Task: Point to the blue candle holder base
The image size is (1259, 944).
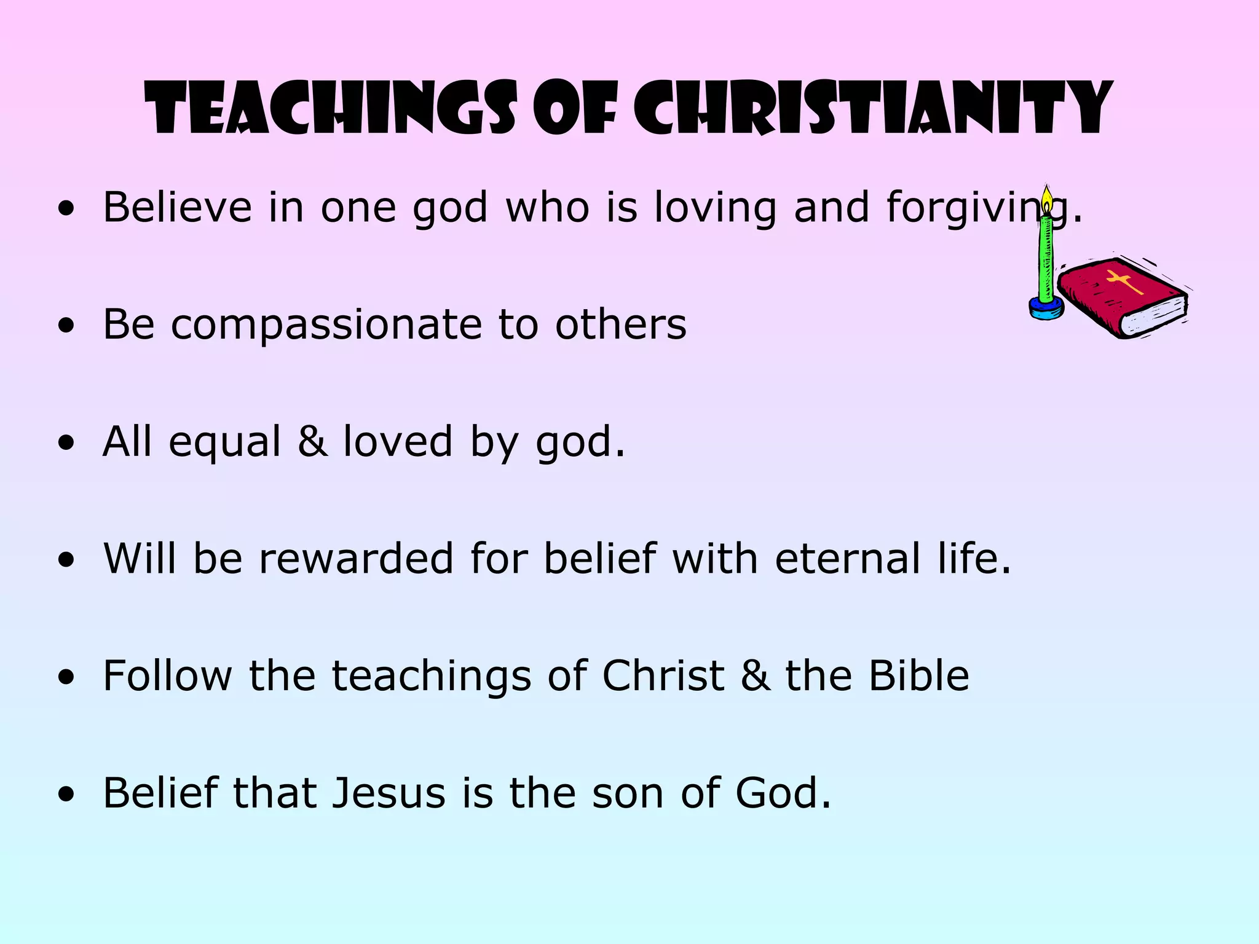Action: [1046, 307]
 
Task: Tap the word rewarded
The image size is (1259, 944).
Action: [357, 559]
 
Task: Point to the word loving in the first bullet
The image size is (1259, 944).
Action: [715, 208]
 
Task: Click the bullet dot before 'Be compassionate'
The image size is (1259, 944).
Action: [66, 326]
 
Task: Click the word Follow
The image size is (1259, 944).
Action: [168, 676]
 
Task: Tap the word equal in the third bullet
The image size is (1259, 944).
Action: [225, 442]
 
